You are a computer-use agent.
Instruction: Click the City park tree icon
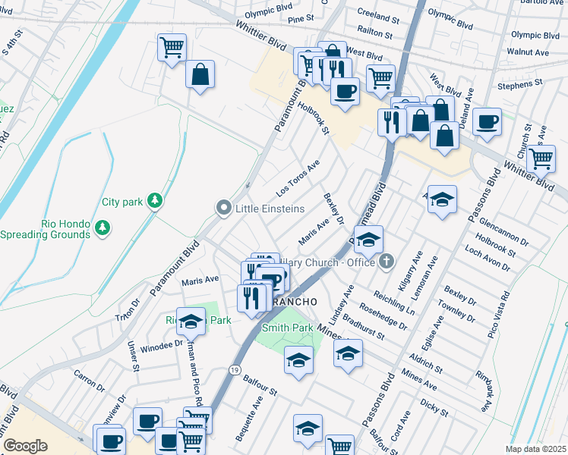click(x=155, y=200)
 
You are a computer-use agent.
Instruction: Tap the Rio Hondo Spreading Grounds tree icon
click(x=102, y=226)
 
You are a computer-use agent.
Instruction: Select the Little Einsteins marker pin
click(x=223, y=208)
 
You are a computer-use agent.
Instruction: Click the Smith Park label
click(x=288, y=328)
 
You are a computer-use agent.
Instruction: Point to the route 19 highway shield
click(x=235, y=369)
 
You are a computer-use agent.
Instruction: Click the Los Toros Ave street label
click(x=298, y=177)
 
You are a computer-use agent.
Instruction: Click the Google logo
click(x=25, y=446)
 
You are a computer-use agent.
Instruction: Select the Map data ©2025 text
click(x=535, y=449)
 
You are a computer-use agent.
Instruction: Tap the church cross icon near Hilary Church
click(x=387, y=262)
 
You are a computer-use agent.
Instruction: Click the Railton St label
click(x=376, y=35)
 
